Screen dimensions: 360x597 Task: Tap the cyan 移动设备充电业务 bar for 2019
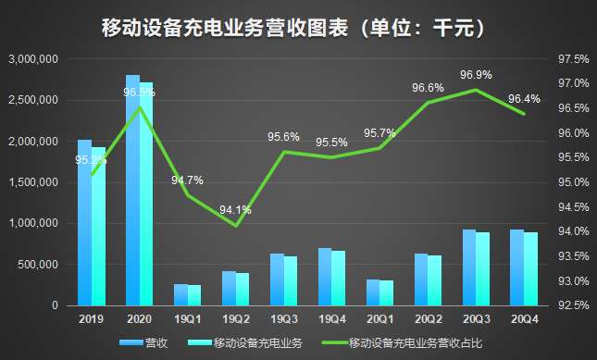(x=98, y=227)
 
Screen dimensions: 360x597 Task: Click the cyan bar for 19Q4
(x=339, y=278)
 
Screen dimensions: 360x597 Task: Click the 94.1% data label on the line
(x=235, y=210)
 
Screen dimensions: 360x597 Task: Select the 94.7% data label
(x=187, y=180)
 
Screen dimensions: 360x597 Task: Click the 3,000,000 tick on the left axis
(x=33, y=58)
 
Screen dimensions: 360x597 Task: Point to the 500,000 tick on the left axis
(x=39, y=265)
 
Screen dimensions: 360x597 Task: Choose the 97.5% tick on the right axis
(x=574, y=58)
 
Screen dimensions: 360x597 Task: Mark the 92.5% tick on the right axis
(x=574, y=305)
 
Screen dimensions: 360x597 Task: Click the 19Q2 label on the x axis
(x=235, y=318)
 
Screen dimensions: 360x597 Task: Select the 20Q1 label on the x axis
(x=379, y=318)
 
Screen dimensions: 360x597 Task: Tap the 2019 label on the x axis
(x=91, y=318)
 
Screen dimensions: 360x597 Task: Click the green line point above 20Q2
(x=428, y=103)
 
